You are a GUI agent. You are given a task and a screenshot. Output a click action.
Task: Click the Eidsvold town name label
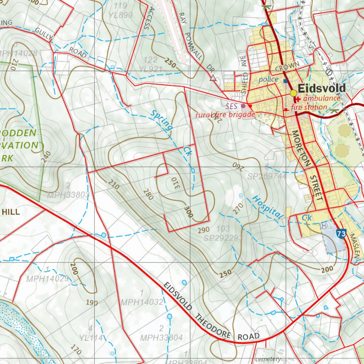(321, 88)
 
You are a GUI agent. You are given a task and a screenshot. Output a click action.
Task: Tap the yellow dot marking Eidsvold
(293, 93)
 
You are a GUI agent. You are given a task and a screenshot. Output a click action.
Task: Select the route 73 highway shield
(341, 234)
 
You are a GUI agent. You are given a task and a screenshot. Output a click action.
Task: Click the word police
(268, 80)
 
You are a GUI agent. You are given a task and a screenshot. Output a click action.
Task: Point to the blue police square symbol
(285, 81)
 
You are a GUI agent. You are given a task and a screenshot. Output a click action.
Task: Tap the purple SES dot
(243, 106)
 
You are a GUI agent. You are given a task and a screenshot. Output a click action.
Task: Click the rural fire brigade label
(225, 115)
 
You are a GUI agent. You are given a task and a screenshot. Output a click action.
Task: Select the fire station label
(309, 107)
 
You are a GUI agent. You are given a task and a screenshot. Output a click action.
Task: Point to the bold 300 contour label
(188, 212)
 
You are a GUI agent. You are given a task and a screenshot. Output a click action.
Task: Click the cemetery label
(268, 359)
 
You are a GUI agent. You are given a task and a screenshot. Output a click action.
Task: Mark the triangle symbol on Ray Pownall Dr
(213, 78)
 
